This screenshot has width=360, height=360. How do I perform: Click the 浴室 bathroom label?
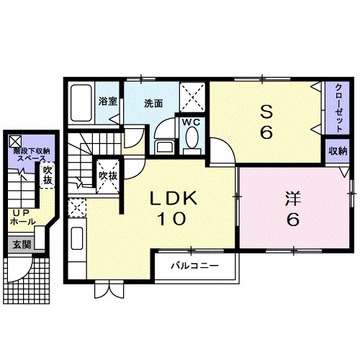pos(107,100)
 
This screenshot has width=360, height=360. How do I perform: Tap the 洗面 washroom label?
pos(153,103)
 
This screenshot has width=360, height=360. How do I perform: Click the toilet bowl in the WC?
pos(191,143)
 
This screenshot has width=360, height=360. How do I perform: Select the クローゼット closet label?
pos(337,106)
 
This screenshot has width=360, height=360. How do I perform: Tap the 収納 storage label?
pos(338,151)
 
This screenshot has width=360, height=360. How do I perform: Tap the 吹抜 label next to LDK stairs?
pos(108,175)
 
